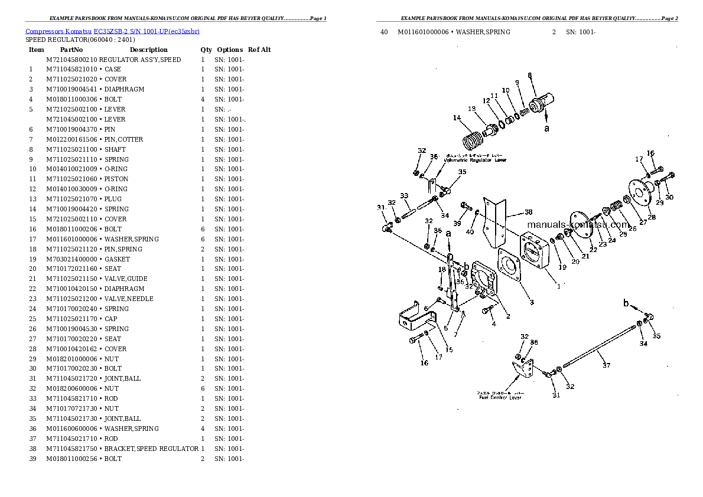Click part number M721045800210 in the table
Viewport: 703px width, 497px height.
click(71, 60)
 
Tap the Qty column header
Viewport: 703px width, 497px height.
click(206, 50)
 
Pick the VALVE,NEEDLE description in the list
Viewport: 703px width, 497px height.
click(128, 299)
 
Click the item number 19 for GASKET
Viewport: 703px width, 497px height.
click(32, 259)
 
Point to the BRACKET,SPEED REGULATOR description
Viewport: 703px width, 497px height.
click(151, 449)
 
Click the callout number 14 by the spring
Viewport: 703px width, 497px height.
click(457, 118)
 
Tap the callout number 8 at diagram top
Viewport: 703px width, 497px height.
click(529, 75)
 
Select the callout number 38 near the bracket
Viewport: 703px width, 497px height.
click(528, 211)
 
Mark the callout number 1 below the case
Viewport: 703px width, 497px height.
click(558, 287)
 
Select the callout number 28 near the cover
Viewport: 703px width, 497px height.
click(652, 217)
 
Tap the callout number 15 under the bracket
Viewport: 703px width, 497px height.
click(449, 350)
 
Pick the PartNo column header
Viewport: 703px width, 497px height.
click(71, 50)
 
